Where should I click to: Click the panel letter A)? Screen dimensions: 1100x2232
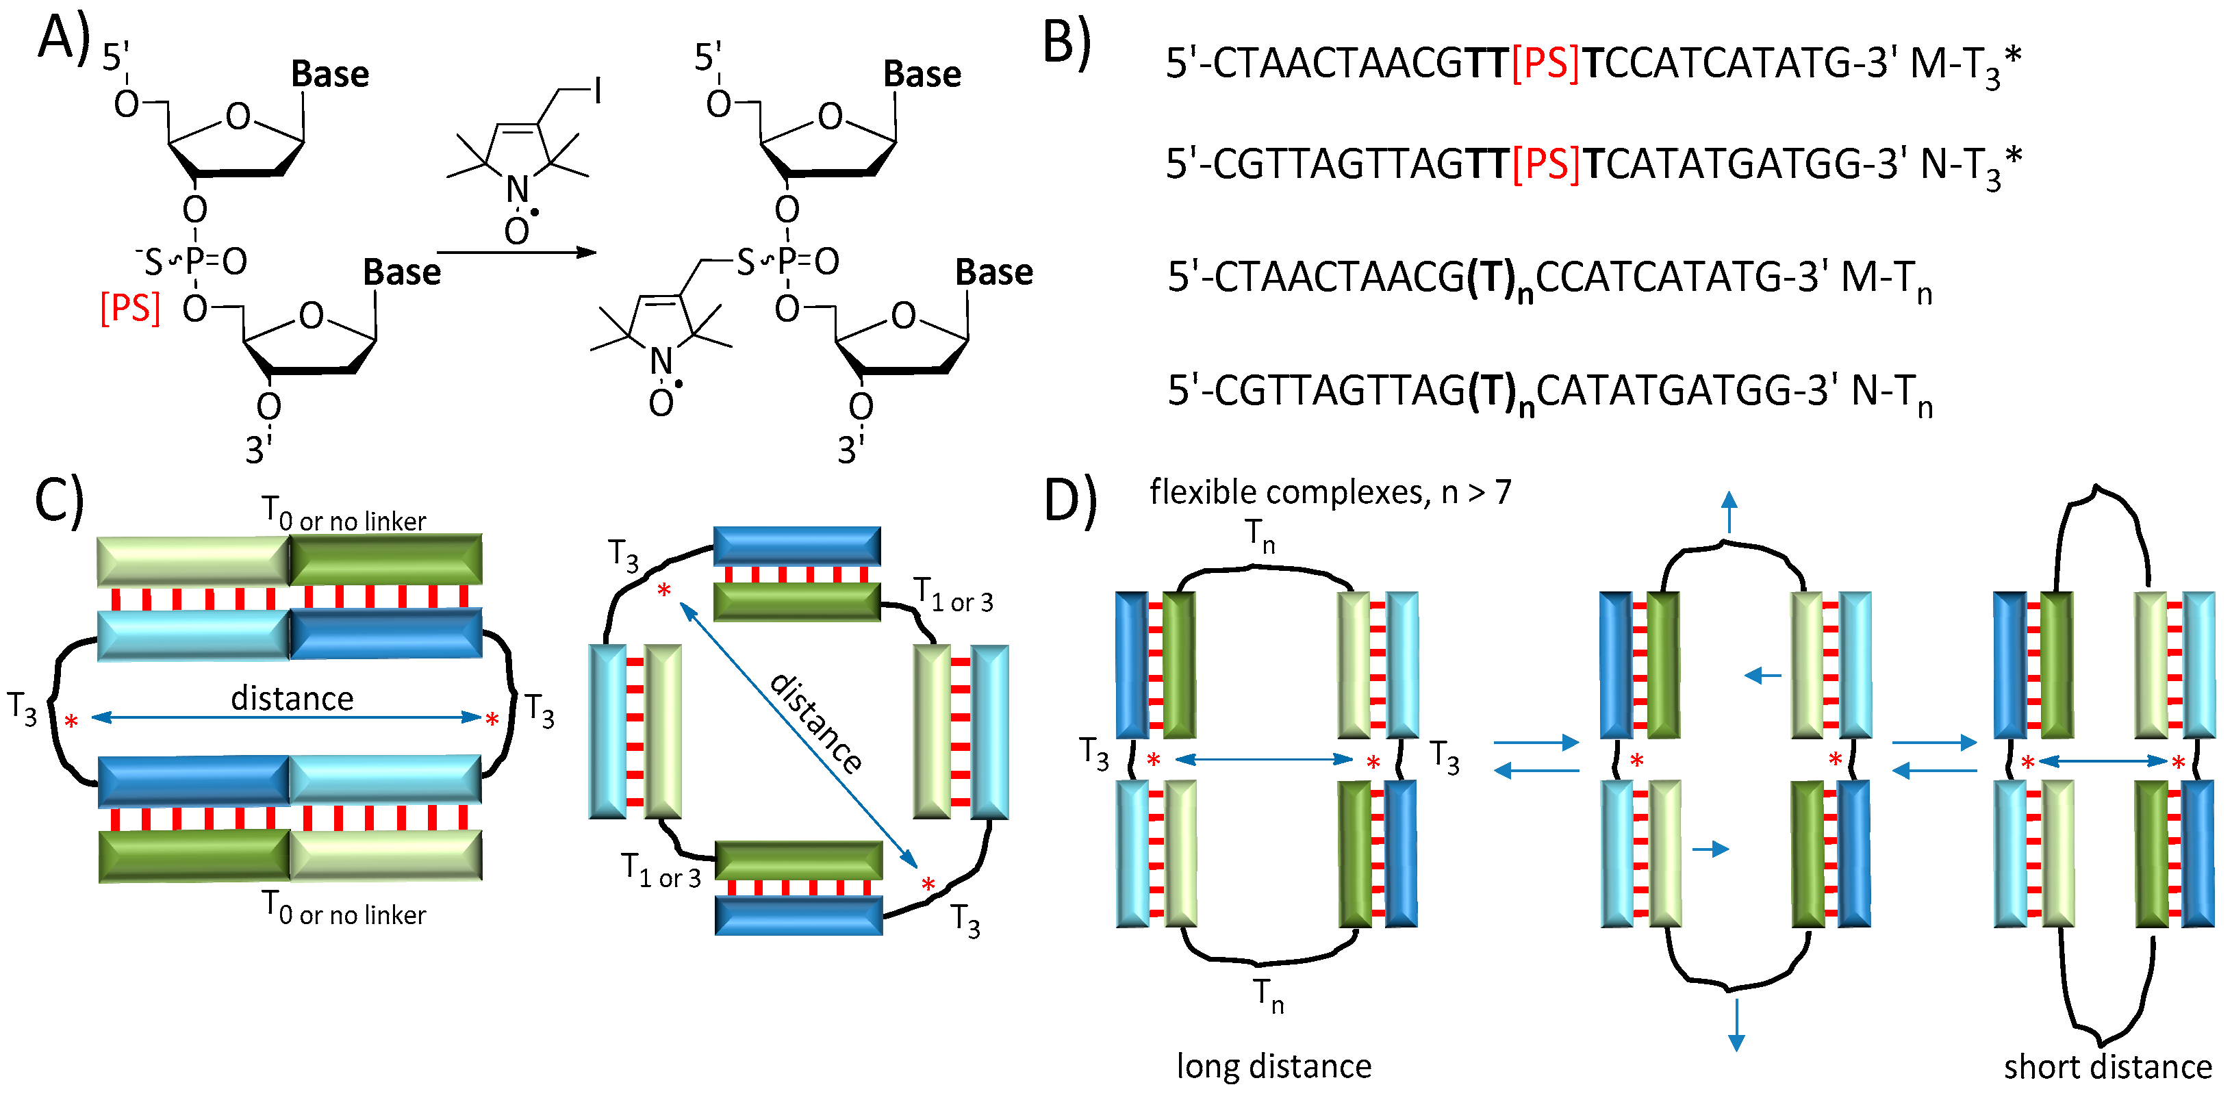pyautogui.click(x=63, y=39)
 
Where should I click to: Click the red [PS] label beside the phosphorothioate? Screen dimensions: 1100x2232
pyautogui.click(x=130, y=307)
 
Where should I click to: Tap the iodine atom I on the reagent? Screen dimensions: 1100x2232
pyautogui.click(x=597, y=91)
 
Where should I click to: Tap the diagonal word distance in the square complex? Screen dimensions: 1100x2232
pyautogui.click(x=815, y=724)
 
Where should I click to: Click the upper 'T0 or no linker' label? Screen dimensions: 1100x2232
pyautogui.click(x=344, y=515)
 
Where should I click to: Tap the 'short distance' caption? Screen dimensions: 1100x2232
pyautogui.click(x=2107, y=1067)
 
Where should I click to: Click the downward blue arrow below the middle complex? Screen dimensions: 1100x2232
pyautogui.click(x=1736, y=1025)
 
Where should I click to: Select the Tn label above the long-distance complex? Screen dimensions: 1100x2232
pyautogui.click(x=1260, y=535)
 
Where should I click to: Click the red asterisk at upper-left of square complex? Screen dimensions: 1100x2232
pyautogui.click(x=663, y=591)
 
